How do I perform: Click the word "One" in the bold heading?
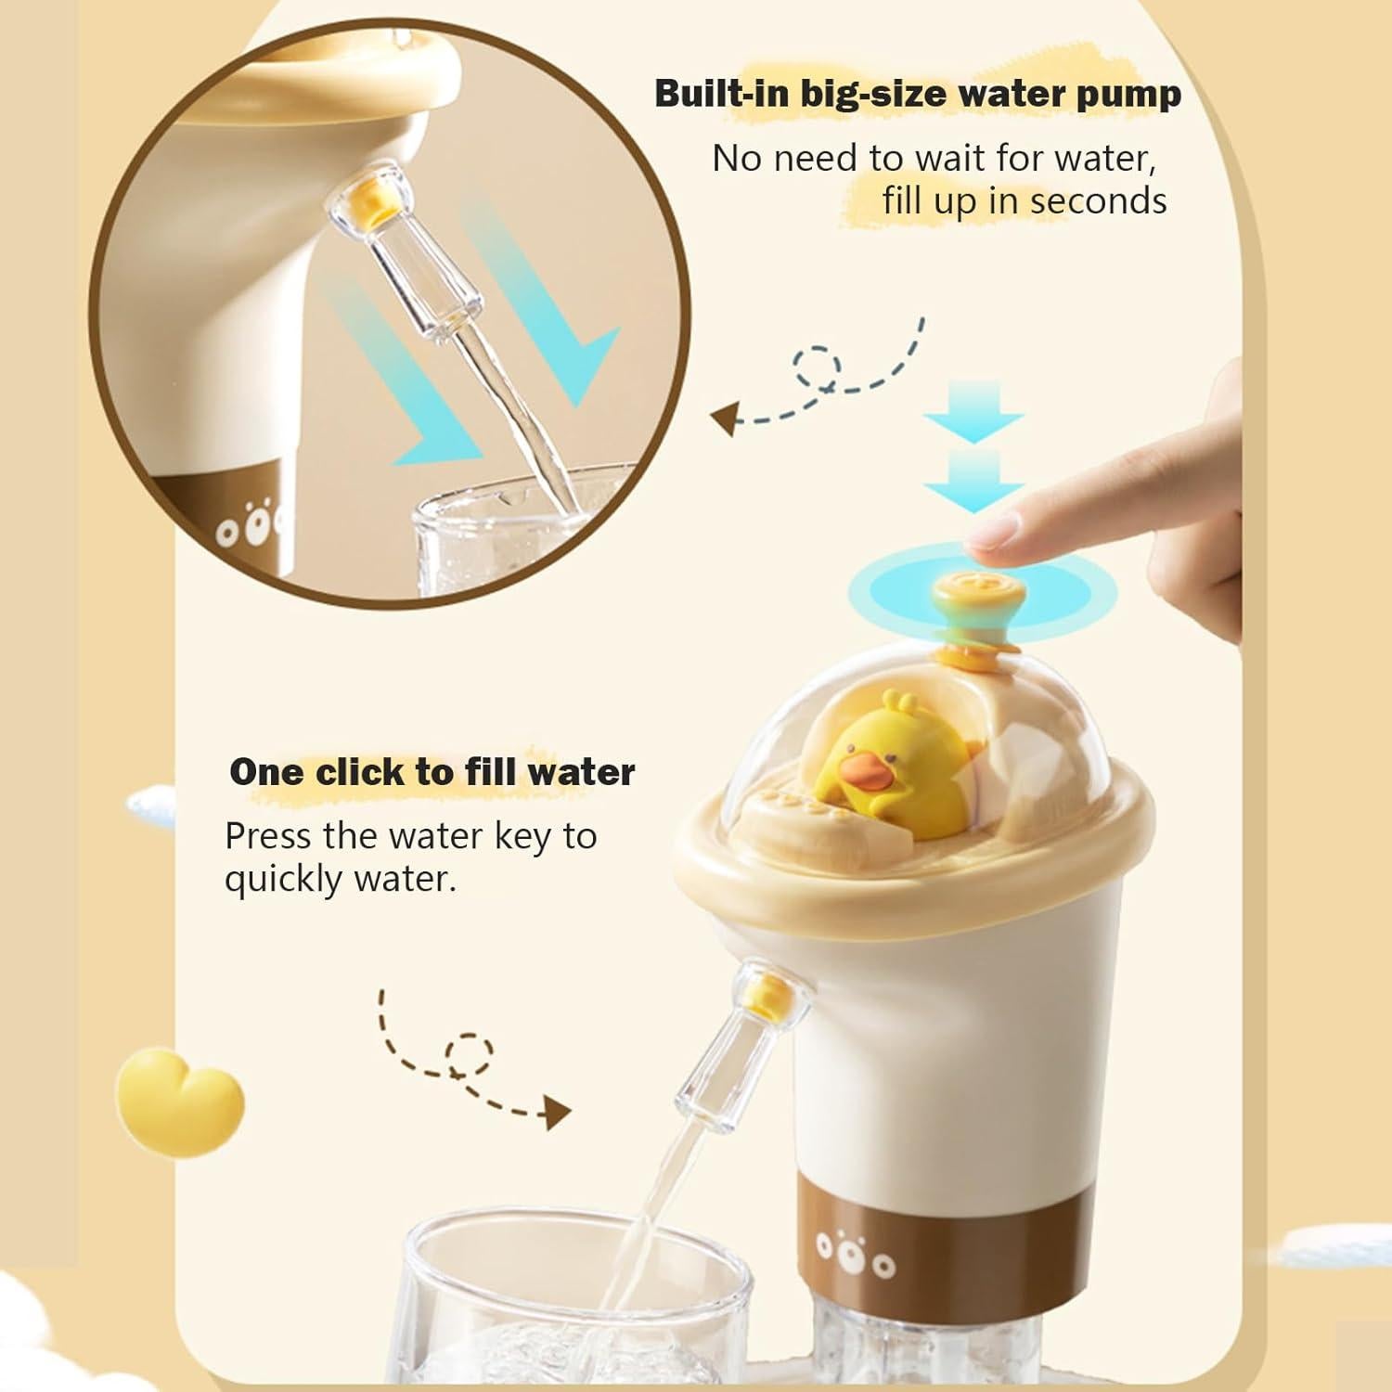266,772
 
